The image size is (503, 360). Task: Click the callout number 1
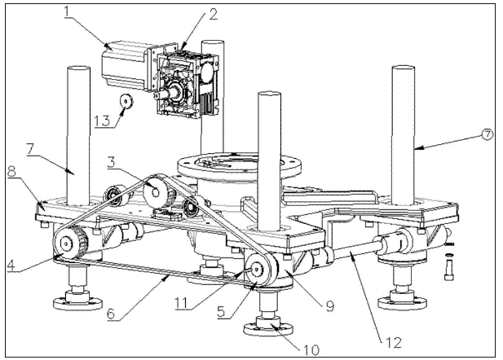point(67,11)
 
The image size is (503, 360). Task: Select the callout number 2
point(214,14)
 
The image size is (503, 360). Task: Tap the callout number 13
point(103,121)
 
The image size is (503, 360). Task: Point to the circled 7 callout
point(487,134)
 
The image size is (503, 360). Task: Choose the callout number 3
point(111,162)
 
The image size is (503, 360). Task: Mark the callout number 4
point(11,266)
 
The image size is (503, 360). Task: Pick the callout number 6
point(111,314)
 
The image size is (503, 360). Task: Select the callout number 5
point(222,311)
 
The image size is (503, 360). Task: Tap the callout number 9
point(330,305)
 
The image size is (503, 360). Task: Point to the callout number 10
point(311,349)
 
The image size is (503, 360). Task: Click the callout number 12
point(393,343)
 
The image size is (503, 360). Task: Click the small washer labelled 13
point(126,102)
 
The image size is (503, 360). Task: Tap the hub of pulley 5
point(256,269)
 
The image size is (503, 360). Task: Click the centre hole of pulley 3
point(155,192)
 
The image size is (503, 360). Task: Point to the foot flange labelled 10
point(268,327)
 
